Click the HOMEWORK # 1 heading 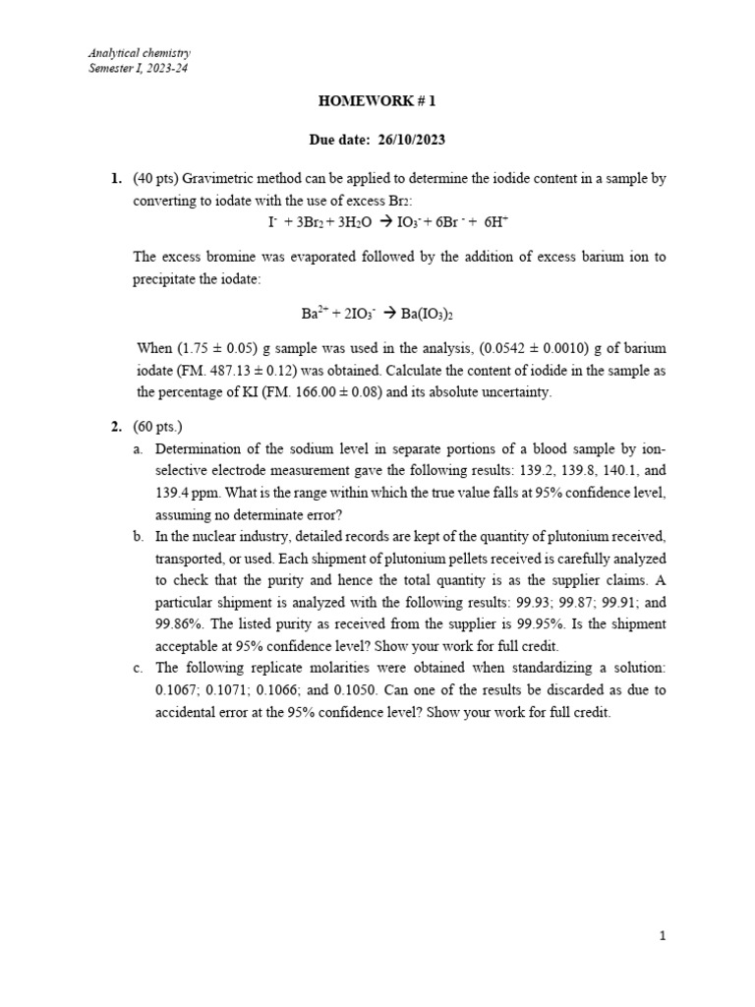point(377,100)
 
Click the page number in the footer point(664,936)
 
